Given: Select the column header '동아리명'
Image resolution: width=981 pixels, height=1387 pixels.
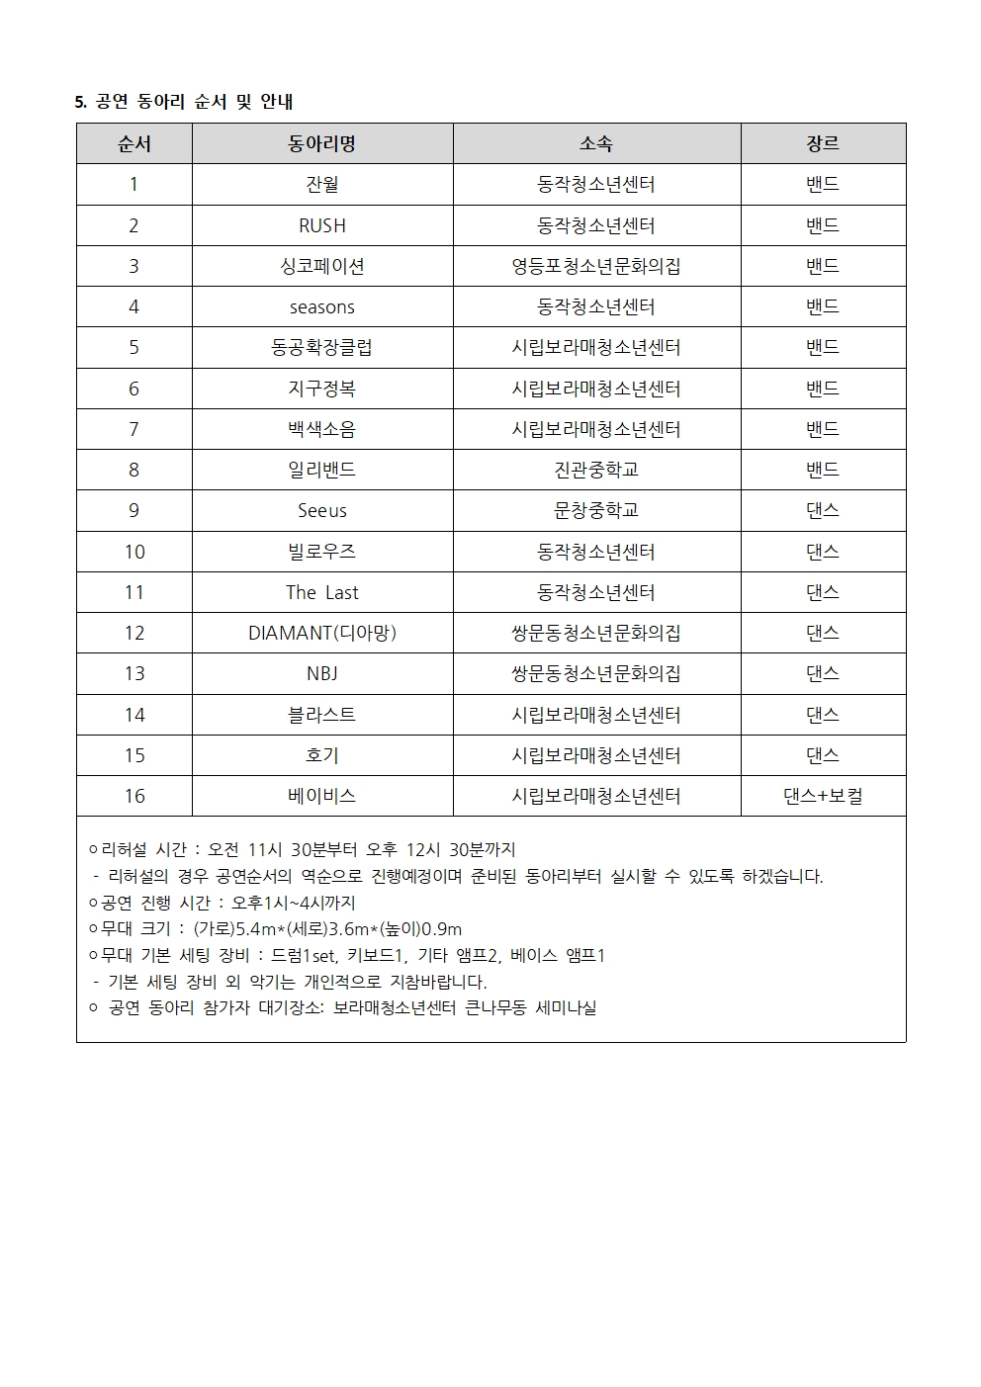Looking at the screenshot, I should pos(322,143).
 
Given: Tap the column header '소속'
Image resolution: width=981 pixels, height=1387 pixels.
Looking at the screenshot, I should pos(596,143).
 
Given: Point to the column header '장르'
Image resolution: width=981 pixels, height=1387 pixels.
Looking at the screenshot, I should pos(823,143).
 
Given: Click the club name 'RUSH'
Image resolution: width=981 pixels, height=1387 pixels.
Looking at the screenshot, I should pos(322,225).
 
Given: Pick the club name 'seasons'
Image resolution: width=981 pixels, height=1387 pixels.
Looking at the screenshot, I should pos(322,306).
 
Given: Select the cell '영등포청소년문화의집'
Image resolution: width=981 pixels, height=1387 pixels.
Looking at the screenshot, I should pos(596,266).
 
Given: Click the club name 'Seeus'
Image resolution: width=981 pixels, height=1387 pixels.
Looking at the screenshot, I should pos(322,510).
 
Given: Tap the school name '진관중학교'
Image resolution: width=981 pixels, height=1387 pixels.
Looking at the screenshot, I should pos(596,470).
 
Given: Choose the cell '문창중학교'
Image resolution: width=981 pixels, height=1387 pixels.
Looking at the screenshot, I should pos(596,510).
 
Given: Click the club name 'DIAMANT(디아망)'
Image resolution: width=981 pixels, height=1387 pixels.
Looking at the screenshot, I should pos(322,633).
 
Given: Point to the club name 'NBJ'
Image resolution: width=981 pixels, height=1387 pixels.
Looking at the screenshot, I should pos(322,673).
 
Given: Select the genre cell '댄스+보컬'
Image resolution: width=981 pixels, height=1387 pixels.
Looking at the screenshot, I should pos(823,796).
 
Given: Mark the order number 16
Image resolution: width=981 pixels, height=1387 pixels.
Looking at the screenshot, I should pos(134,796).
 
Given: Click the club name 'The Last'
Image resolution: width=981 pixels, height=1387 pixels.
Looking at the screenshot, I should pos(322,592).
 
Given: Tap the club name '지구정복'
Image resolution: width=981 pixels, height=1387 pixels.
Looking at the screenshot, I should pos(322,389).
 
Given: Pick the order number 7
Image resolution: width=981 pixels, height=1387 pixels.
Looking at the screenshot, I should pos(134,429).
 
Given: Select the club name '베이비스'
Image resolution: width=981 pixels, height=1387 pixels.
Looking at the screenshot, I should pos(322,796).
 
